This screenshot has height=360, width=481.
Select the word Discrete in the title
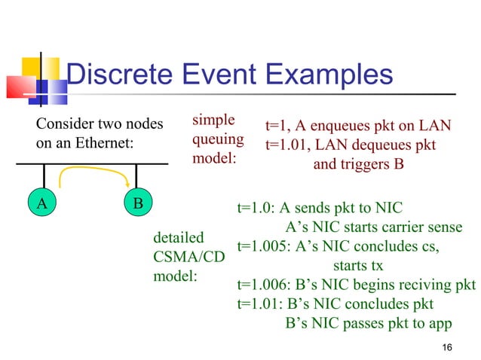click(x=118, y=75)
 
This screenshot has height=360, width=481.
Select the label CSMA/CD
click(x=188, y=258)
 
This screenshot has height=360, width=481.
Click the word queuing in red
click(x=218, y=139)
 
